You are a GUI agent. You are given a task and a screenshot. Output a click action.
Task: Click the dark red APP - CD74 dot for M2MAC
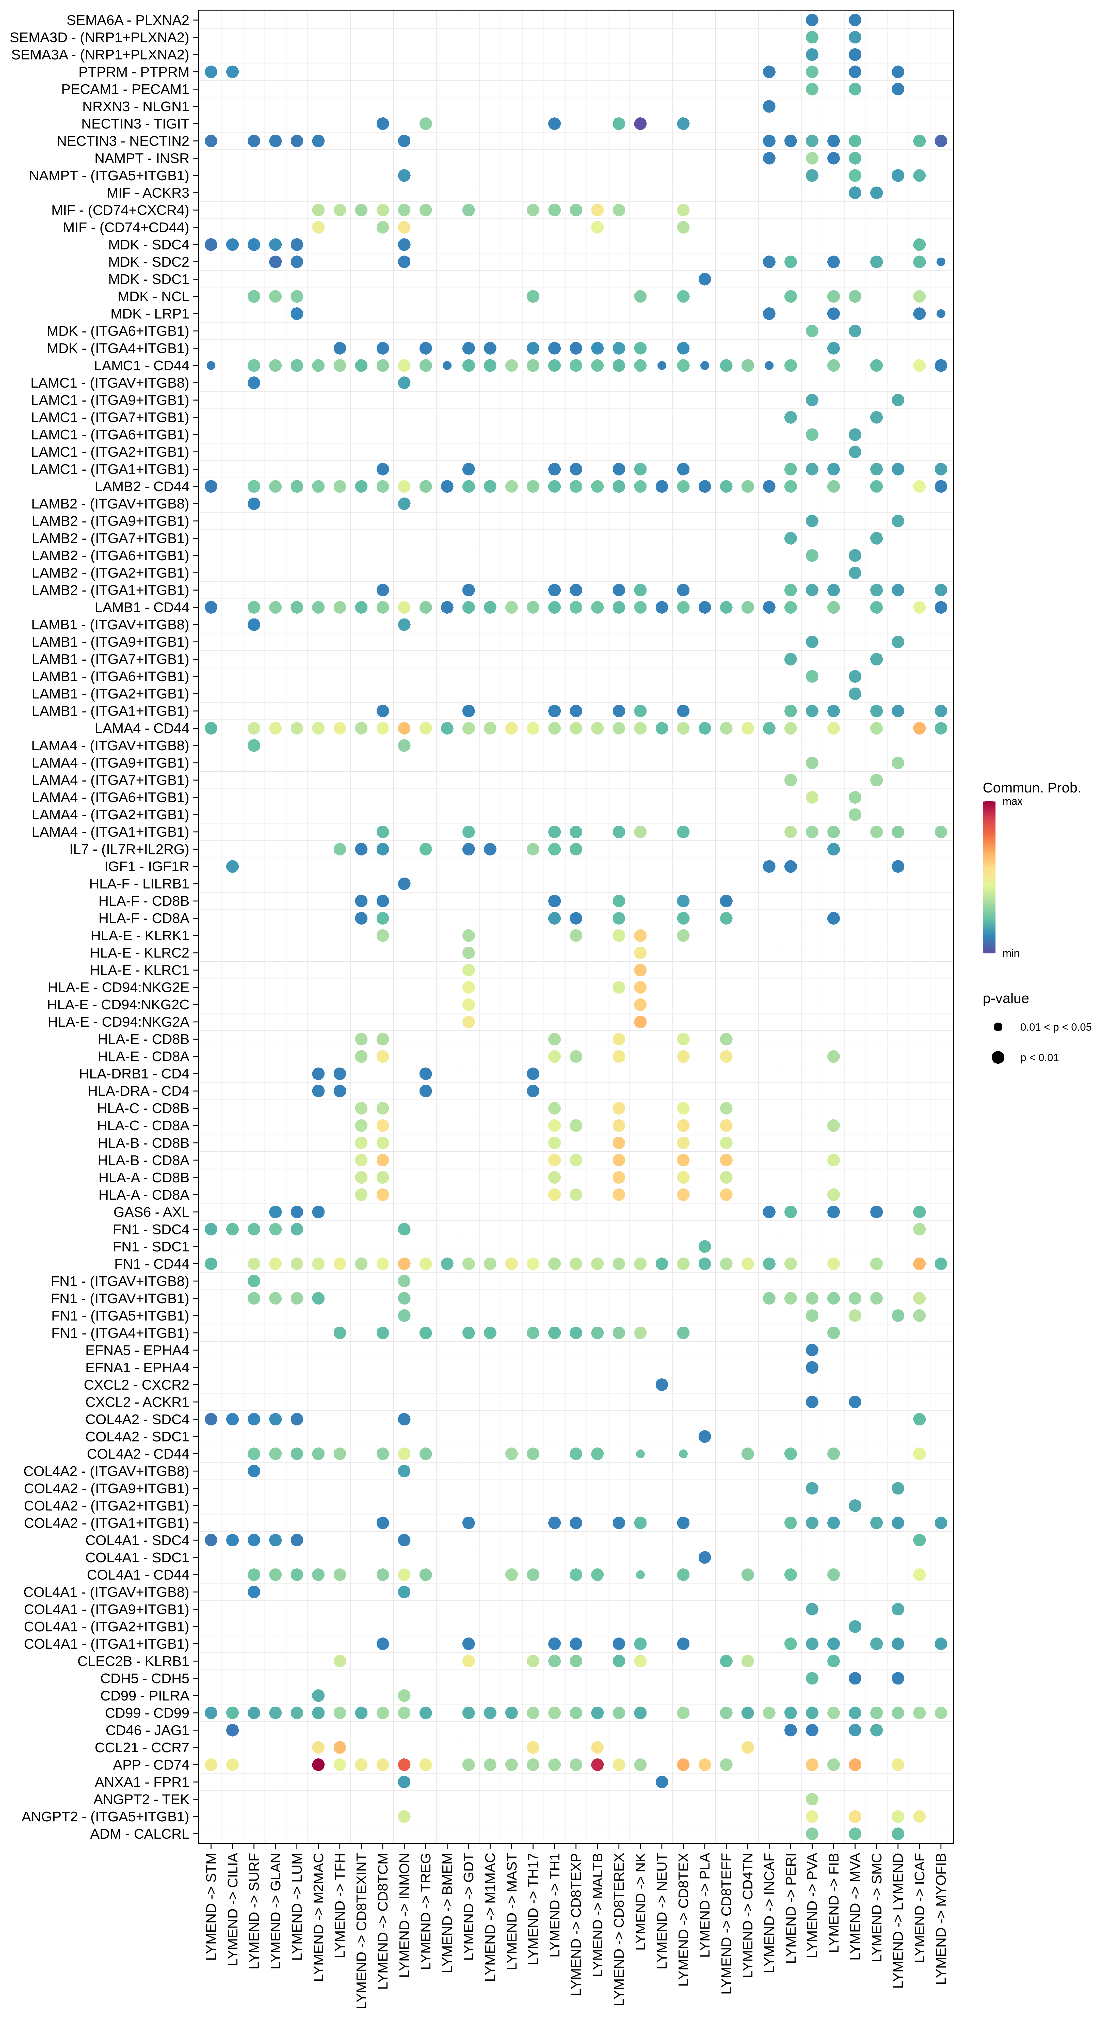318,1764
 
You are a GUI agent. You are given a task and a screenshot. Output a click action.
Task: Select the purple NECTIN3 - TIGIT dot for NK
640,124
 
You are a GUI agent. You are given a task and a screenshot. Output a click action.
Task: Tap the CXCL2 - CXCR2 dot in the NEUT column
661,1385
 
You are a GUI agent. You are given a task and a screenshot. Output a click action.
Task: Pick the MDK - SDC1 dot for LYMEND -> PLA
704,279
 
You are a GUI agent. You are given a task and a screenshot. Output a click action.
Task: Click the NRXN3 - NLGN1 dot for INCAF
769,107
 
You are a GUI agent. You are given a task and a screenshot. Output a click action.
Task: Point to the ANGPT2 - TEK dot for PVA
812,1799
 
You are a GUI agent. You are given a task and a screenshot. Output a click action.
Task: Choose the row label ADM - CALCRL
139,1833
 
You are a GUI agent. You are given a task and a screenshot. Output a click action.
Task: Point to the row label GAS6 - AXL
151,1212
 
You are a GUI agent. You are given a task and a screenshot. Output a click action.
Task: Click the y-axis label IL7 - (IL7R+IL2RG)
129,849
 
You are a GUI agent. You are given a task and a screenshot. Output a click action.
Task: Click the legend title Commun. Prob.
1031,788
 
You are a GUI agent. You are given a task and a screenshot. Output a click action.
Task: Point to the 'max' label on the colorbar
1012,801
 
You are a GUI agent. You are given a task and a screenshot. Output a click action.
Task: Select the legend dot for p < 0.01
997,1057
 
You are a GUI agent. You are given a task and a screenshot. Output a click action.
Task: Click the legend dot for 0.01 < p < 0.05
997,1027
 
